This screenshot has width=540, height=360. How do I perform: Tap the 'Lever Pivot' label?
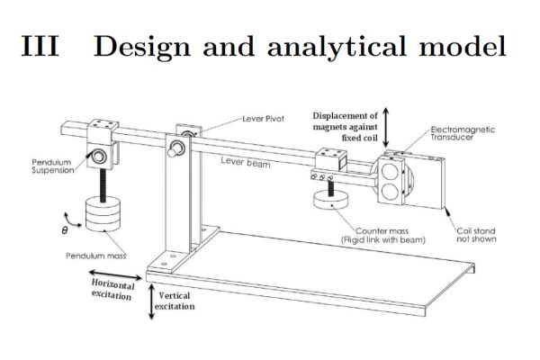pyautogui.click(x=264, y=118)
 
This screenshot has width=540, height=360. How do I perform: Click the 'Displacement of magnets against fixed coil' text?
pyautogui.click(x=345, y=126)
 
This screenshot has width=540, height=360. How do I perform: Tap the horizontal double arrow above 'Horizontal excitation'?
pyautogui.click(x=112, y=271)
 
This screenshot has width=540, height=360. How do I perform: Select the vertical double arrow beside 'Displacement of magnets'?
pyautogui.click(x=386, y=125)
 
